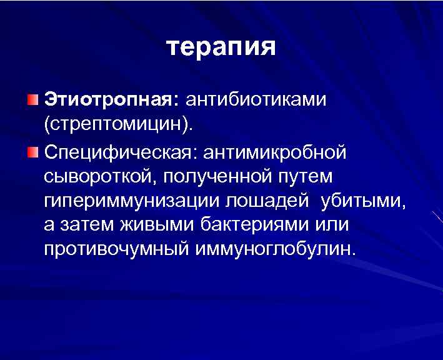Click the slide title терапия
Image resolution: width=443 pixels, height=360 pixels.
(221, 48)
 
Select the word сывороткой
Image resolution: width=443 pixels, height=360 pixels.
(100, 176)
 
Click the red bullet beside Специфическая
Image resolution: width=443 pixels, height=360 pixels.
(32, 151)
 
